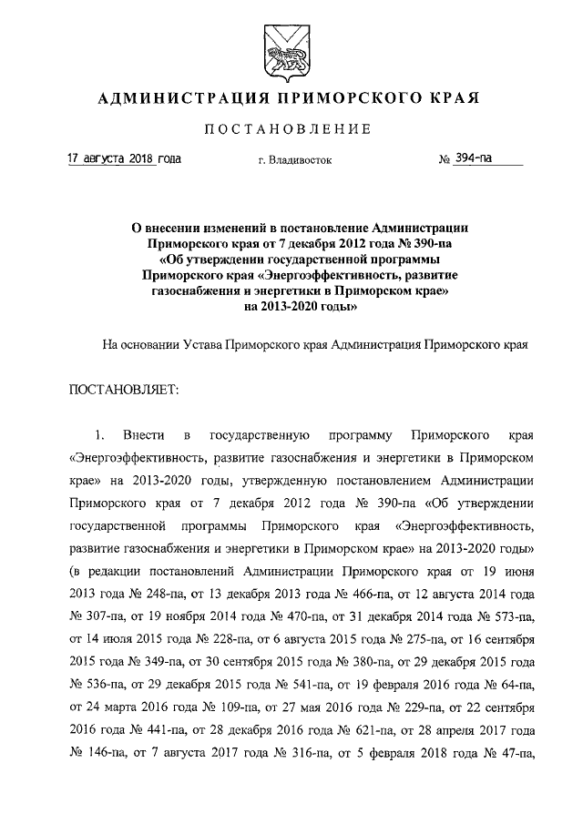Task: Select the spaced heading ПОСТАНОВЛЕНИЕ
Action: (x=291, y=130)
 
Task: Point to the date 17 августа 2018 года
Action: (x=125, y=159)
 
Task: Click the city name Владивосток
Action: (x=295, y=161)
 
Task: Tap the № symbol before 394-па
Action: (x=445, y=160)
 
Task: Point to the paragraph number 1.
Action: (x=102, y=432)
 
